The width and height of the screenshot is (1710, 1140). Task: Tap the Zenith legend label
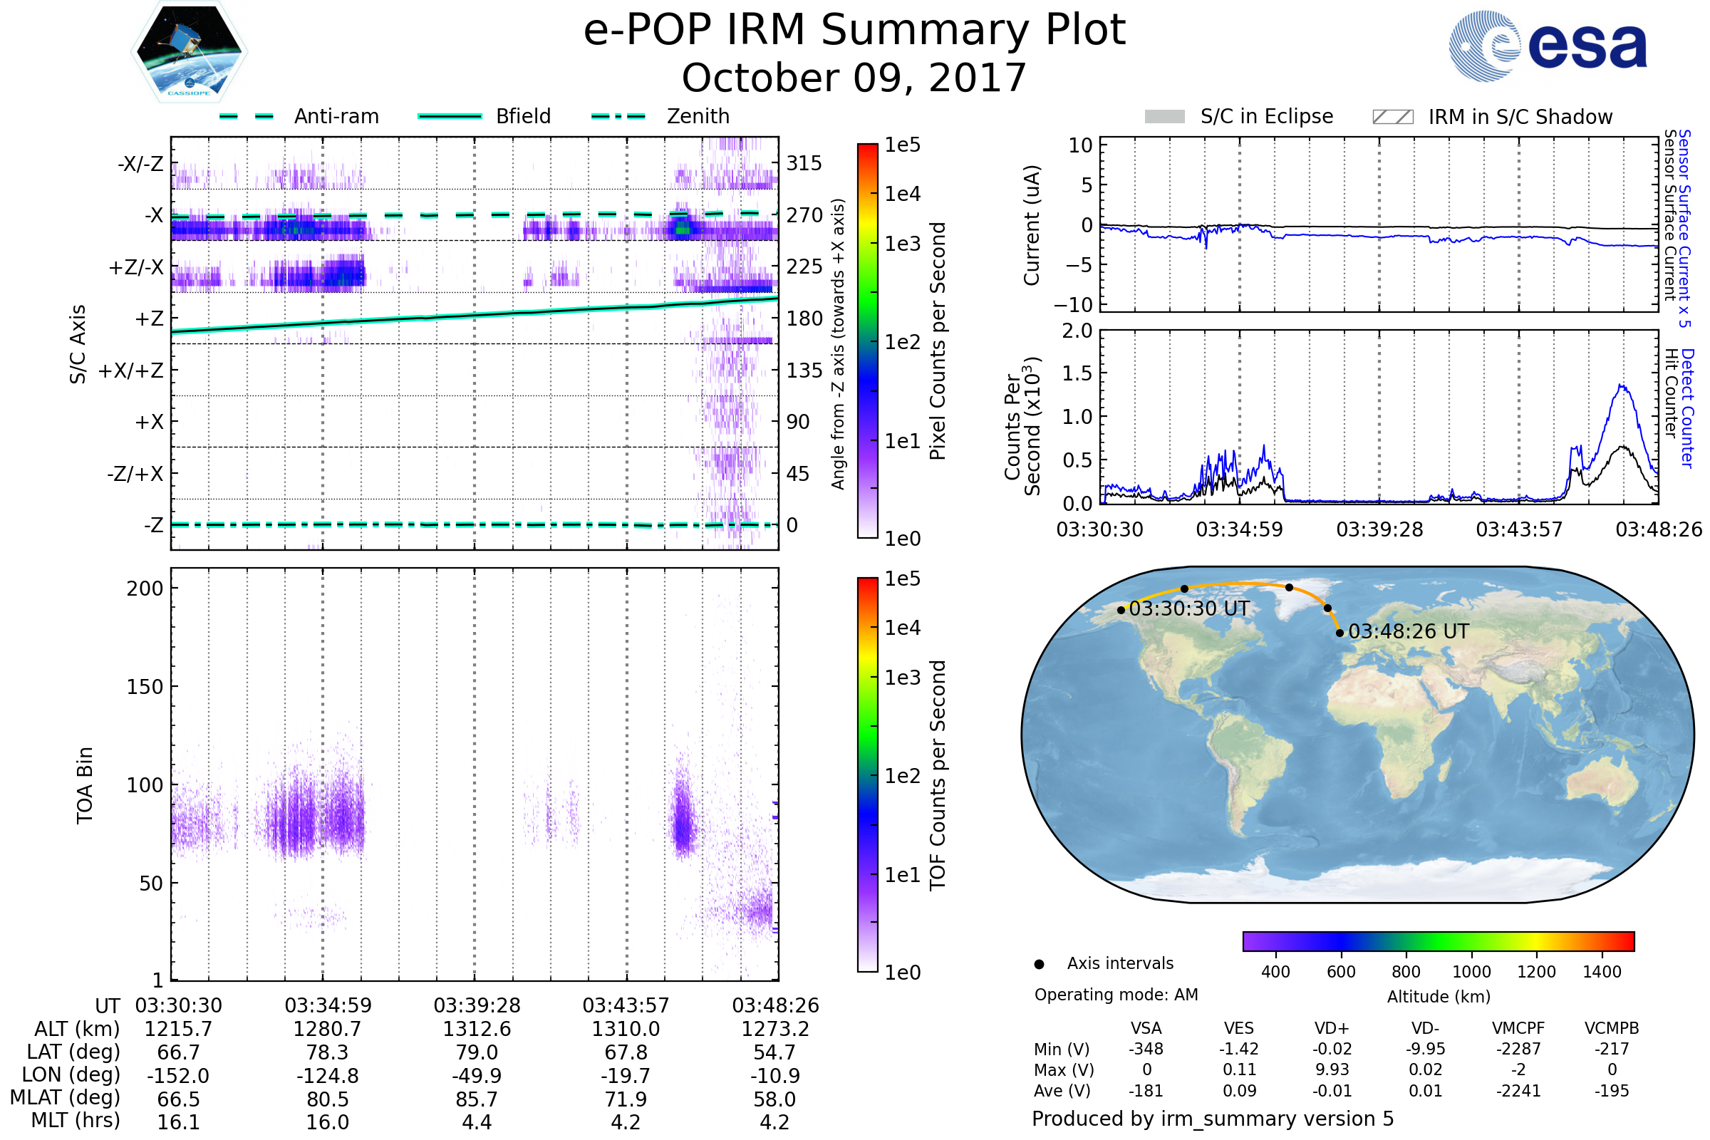pyautogui.click(x=698, y=116)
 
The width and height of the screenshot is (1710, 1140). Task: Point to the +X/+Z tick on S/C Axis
pyautogui.click(x=131, y=370)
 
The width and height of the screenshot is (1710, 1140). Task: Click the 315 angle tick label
pyautogui.click(x=804, y=163)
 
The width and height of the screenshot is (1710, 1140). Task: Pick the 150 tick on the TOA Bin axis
pyautogui.click(x=145, y=687)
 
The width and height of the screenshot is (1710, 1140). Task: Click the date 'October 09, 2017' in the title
pyautogui.click(x=854, y=78)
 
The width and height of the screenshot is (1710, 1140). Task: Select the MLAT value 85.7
pyautogui.click(x=476, y=1099)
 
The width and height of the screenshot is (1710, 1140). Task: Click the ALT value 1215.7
pyautogui.click(x=178, y=1030)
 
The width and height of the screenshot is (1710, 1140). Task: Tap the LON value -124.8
pyautogui.click(x=327, y=1076)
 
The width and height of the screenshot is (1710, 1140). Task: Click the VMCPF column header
pyautogui.click(x=1518, y=1029)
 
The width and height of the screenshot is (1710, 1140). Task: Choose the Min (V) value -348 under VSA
pyautogui.click(x=1146, y=1049)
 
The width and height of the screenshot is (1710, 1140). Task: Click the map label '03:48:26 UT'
pyautogui.click(x=1409, y=632)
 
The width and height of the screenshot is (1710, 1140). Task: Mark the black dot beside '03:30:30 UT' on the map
pyautogui.click(x=1121, y=611)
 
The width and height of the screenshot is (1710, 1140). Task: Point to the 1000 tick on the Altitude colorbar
pyautogui.click(x=1471, y=972)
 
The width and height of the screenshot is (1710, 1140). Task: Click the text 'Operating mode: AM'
pyautogui.click(x=1116, y=995)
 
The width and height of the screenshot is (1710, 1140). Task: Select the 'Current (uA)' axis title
pyautogui.click(x=1032, y=225)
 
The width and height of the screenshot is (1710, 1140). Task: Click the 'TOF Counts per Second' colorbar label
pyautogui.click(x=938, y=775)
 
